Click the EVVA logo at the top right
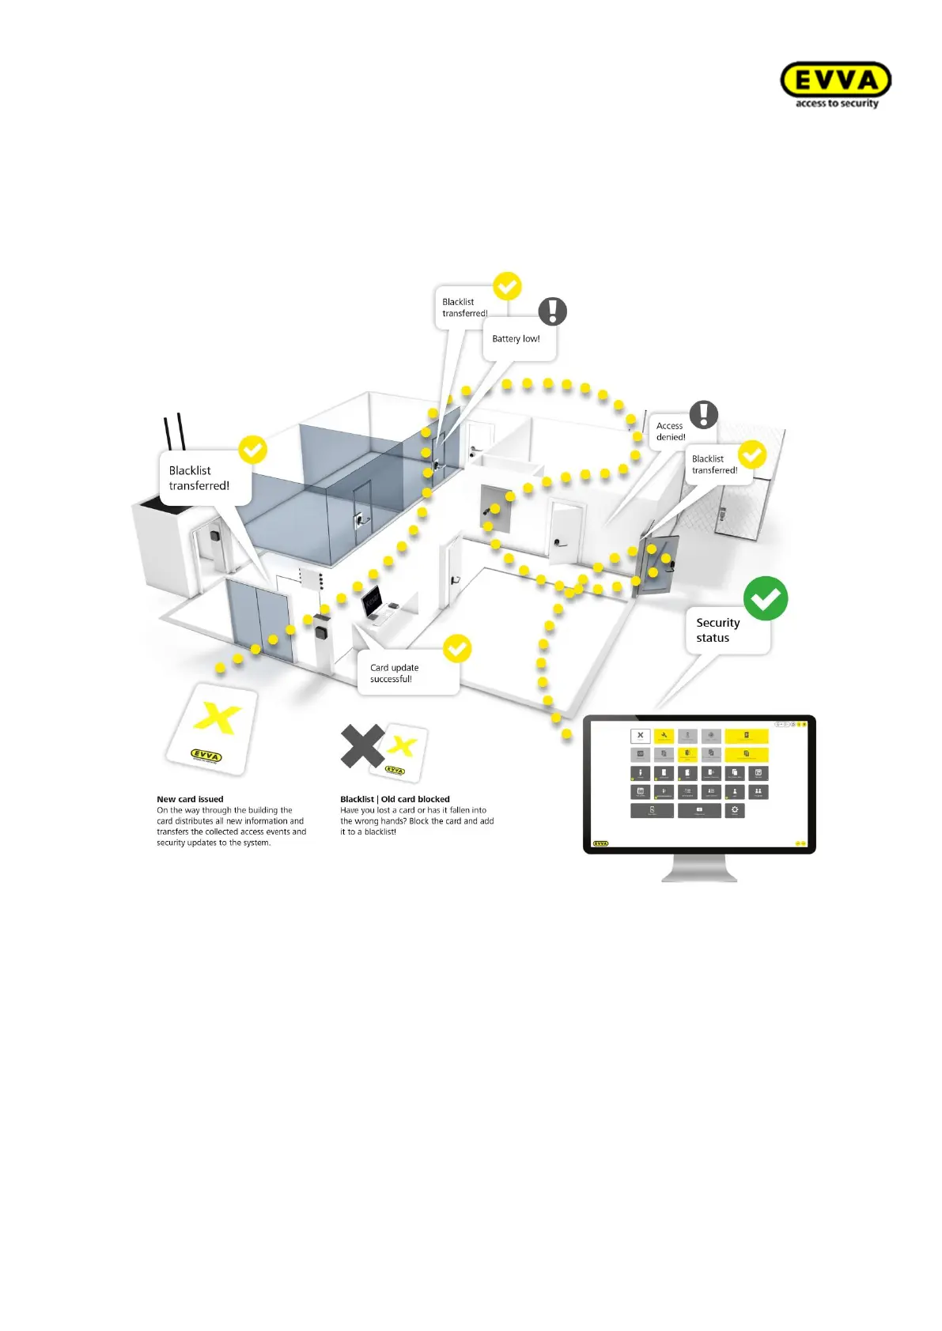click(x=835, y=83)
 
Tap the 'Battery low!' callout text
click(x=516, y=339)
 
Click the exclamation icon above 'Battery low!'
click(x=553, y=311)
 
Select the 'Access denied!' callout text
click(x=671, y=432)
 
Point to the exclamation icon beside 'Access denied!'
click(x=703, y=414)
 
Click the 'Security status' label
click(x=717, y=630)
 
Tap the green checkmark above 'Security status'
click(x=766, y=598)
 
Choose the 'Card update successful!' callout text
click(x=394, y=673)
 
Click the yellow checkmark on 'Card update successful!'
click(x=457, y=649)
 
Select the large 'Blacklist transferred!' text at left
click(x=199, y=478)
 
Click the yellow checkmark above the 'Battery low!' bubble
click(x=507, y=286)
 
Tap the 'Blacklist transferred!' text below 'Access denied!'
click(x=714, y=465)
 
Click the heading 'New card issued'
click(x=190, y=799)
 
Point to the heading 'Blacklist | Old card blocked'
click(x=395, y=799)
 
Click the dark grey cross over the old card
click(x=361, y=746)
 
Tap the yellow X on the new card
click(x=218, y=718)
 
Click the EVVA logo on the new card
click(x=206, y=756)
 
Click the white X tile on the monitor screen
click(x=640, y=736)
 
